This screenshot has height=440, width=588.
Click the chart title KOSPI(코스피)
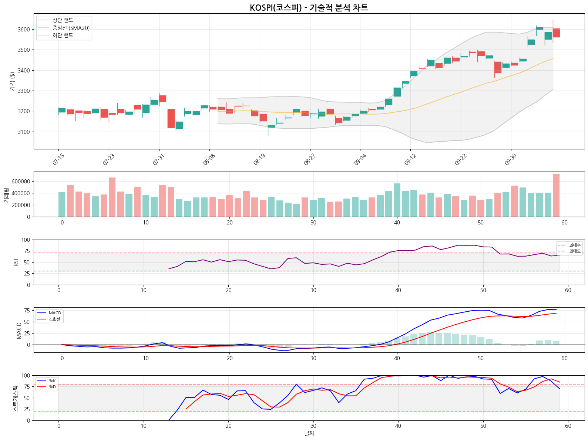[309, 8]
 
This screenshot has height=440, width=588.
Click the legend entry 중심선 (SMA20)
[71, 28]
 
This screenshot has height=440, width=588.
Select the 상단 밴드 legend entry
[63, 20]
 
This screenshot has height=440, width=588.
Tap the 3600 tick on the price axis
[24, 30]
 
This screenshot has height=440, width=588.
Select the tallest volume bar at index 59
[556, 195]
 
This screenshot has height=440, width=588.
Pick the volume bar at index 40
[397, 200]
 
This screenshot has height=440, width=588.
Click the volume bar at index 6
[112, 197]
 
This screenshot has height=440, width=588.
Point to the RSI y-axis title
[16, 262]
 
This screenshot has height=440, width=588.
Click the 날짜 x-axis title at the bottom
[309, 433]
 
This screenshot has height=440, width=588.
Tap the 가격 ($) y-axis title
[12, 81]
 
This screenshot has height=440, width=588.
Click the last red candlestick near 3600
[556, 33]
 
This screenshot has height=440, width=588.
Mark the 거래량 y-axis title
[6, 194]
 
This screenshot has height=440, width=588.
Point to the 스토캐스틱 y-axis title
[16, 398]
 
